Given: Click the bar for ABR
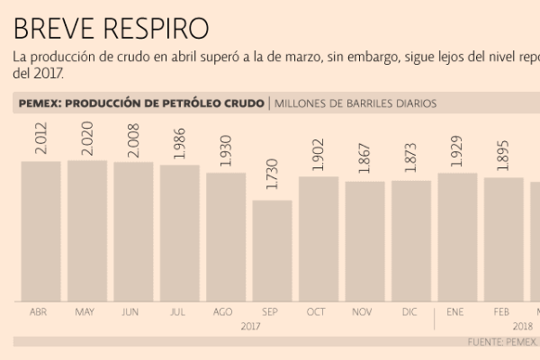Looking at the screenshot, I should pyautogui.click(x=40, y=231).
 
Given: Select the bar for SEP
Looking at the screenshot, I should pyautogui.click(x=272, y=251).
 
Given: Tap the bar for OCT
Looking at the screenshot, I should pyautogui.click(x=318, y=238).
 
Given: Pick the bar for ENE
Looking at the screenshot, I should pyautogui.click(x=456, y=237).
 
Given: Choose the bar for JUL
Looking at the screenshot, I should pyautogui.click(x=179, y=233).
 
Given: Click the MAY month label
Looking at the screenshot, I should pyautogui.click(x=85, y=311).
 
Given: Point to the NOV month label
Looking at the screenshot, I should pyautogui.click(x=364, y=311).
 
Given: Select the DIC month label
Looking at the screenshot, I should pyautogui.click(x=409, y=311).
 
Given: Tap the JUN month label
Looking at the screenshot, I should pyautogui.click(x=131, y=311).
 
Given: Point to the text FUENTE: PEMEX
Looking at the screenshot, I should pyautogui.click(x=501, y=342).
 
